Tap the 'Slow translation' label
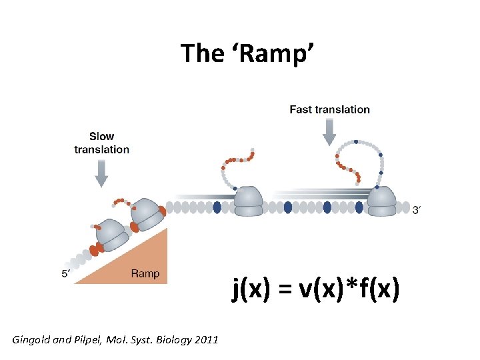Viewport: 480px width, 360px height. coord(101,143)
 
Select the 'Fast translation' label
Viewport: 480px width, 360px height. coord(329,109)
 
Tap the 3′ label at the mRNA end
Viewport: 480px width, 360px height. coord(417,211)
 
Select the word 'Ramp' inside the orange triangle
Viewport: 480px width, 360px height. coord(145,273)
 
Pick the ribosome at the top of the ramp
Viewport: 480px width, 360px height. coord(147,213)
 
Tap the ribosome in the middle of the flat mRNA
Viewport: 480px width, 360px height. coord(248,202)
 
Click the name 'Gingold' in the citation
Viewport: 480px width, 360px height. coord(32,340)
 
